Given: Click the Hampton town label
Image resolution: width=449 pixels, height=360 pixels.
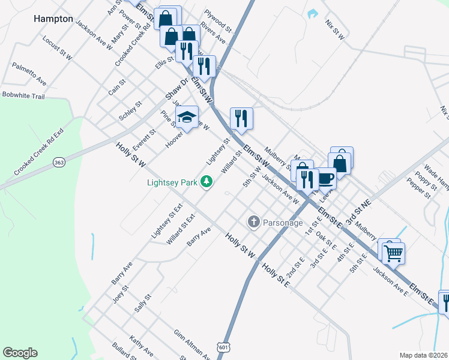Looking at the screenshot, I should pyautogui.click(x=53, y=19).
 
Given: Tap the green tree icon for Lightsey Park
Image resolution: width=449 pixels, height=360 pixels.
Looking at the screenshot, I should pyautogui.click(x=206, y=181).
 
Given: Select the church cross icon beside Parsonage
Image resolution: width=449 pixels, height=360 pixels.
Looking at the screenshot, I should pyautogui.click(x=253, y=222).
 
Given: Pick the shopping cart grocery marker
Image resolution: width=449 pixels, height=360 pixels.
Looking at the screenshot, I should pyautogui.click(x=393, y=253).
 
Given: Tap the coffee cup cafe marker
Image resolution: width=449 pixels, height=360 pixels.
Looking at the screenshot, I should pyautogui.click(x=325, y=178).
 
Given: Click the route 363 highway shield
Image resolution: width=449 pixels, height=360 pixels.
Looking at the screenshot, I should pyautogui.click(x=59, y=163).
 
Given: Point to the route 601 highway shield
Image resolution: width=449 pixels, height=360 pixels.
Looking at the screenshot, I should pyautogui.click(x=223, y=347).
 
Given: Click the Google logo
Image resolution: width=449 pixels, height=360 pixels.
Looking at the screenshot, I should pyautogui.click(x=20, y=353).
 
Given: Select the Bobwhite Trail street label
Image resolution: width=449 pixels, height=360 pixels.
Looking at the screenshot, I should pyautogui.click(x=23, y=95).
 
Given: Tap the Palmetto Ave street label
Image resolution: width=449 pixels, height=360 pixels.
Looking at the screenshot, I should pyautogui.click(x=29, y=73).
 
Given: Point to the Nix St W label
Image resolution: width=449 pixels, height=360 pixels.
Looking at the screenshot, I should pyautogui.click(x=334, y=29).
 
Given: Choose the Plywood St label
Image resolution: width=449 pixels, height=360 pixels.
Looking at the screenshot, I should pyautogui.click(x=217, y=20).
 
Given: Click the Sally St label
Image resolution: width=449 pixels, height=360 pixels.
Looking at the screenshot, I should pyautogui.click(x=142, y=303).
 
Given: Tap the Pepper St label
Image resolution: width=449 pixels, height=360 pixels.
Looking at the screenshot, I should pyautogui.click(x=418, y=187).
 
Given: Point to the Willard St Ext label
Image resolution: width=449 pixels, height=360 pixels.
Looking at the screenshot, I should pyautogui.click(x=181, y=229).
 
